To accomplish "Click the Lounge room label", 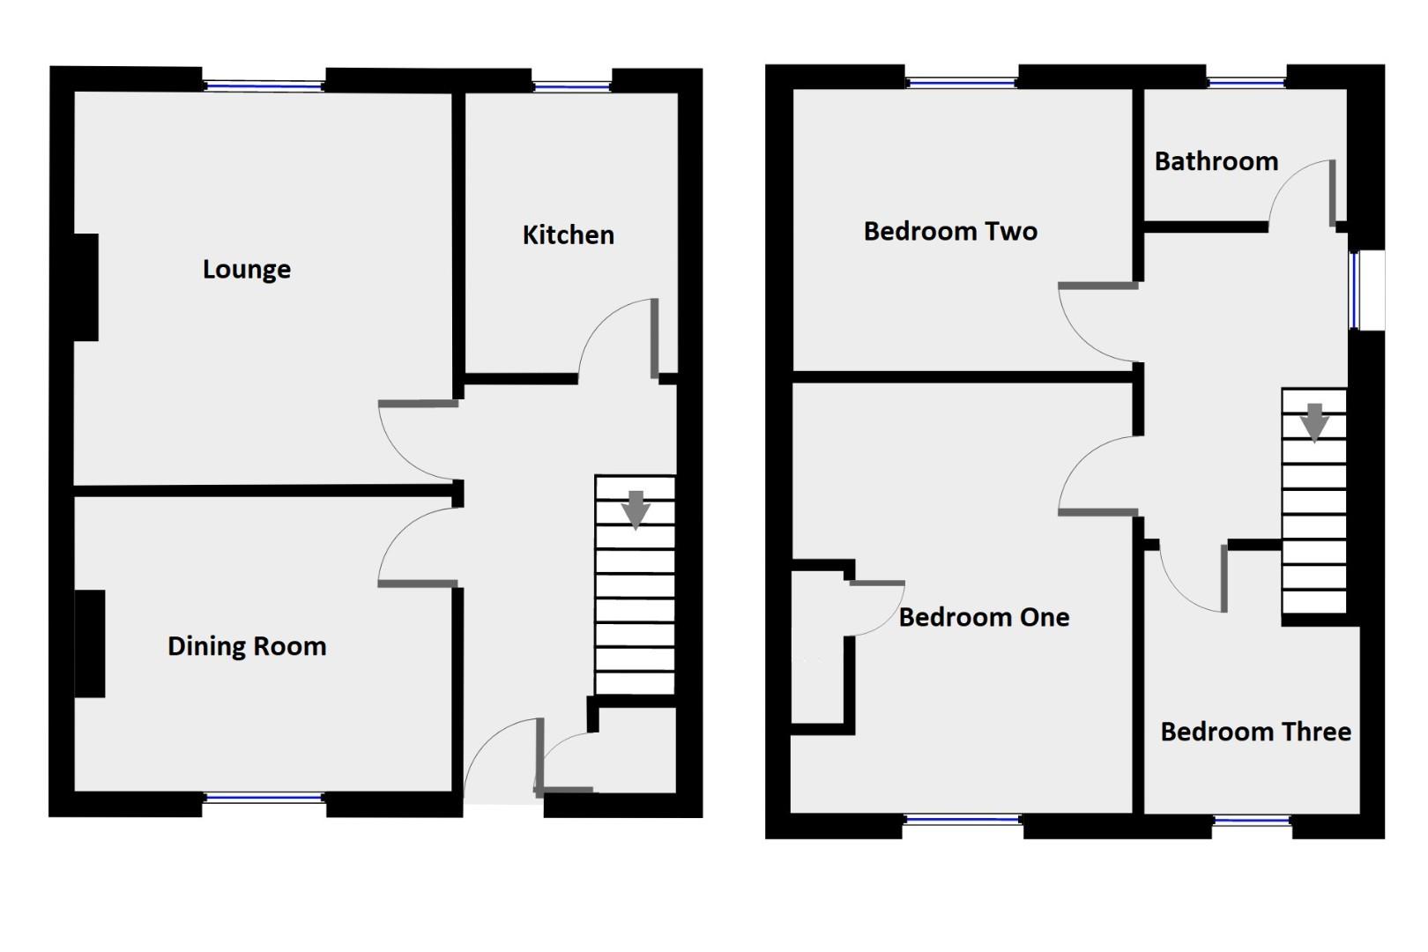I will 246,270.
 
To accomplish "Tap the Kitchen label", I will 568,235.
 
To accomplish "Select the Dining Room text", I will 247,647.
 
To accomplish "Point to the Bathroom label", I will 1216,162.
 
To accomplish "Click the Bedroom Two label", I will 950,232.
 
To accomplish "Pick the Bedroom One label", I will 984,618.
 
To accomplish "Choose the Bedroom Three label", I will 1255,733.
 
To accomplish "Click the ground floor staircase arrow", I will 635,510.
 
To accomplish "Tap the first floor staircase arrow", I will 1314,421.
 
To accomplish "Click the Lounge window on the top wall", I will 264,86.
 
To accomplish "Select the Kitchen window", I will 571,86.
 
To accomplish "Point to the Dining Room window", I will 264,799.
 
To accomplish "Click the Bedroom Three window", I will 1252,822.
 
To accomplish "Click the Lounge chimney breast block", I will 86,287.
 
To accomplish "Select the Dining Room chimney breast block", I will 89,643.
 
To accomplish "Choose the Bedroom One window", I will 963,821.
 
